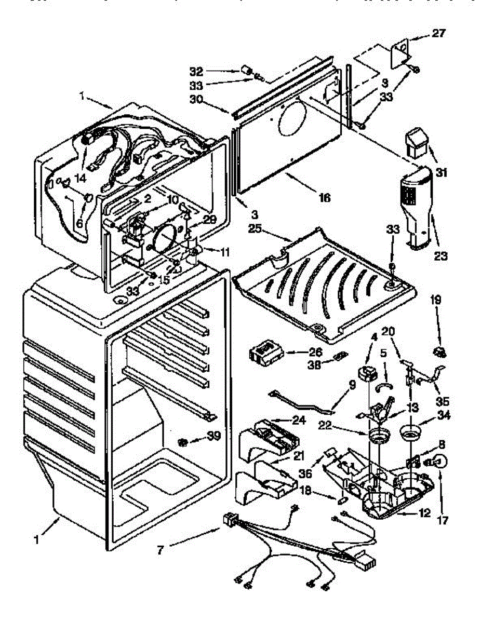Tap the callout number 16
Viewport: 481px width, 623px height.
point(326,197)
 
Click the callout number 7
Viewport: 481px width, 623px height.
point(161,550)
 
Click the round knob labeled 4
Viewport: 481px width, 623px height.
point(368,373)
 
